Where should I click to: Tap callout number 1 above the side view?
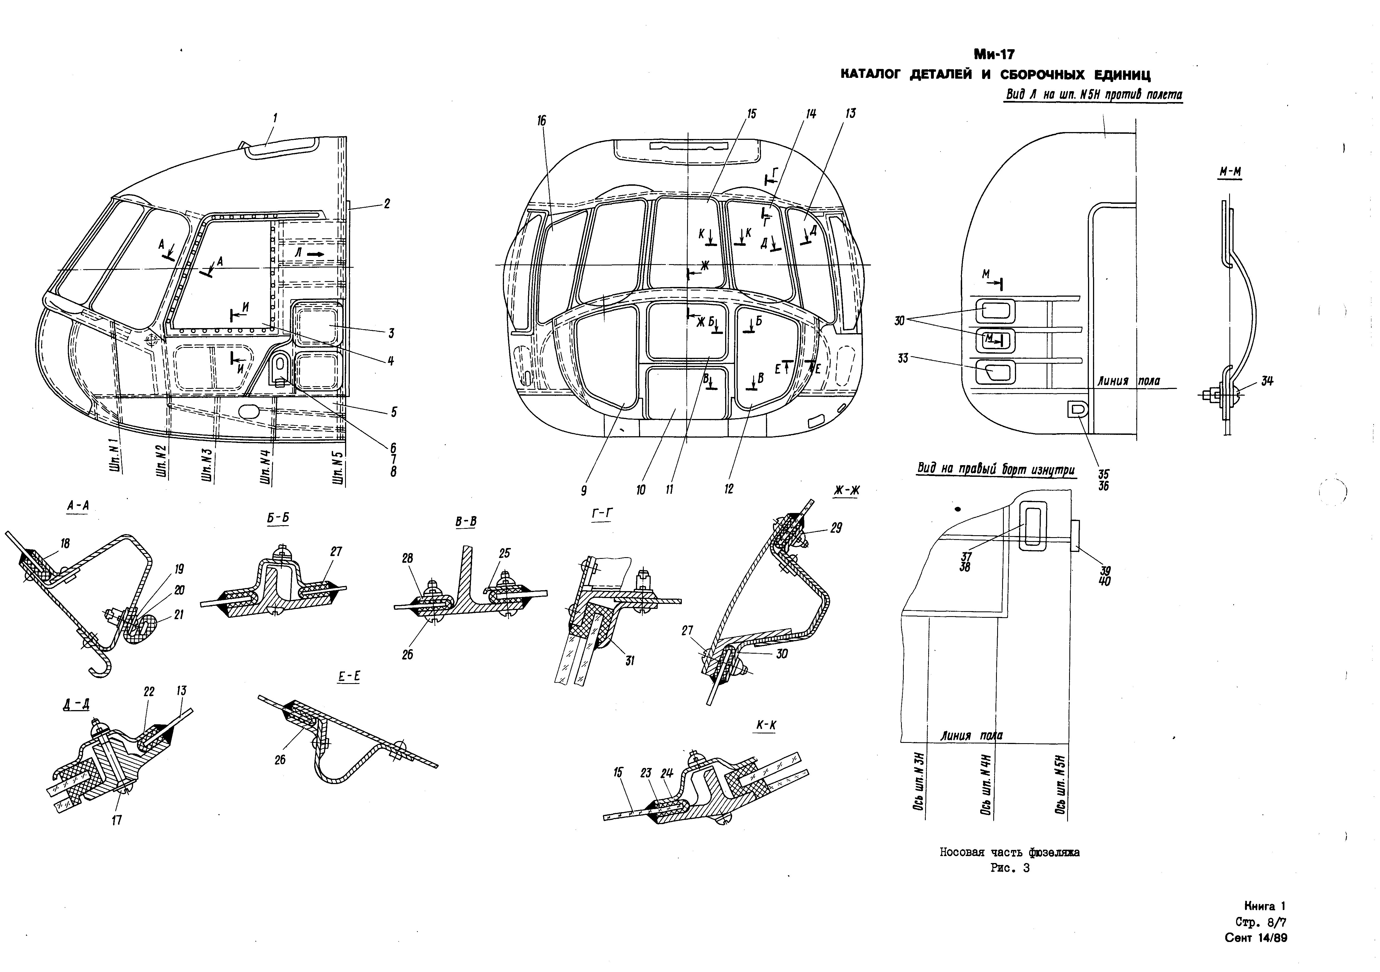[275, 118]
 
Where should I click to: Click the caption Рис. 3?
[1010, 868]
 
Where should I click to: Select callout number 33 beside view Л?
[903, 358]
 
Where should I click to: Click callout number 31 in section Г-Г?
[629, 661]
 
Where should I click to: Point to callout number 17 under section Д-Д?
[117, 820]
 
